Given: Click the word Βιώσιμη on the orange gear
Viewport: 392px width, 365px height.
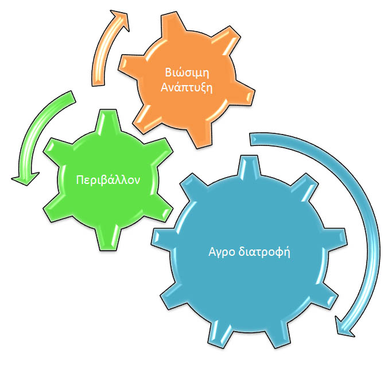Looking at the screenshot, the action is click(187, 72).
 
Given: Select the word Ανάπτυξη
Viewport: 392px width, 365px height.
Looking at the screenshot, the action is click(187, 88).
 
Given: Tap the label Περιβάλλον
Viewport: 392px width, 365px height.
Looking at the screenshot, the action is click(108, 180).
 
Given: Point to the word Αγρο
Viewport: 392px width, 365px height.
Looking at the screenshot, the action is click(222, 252).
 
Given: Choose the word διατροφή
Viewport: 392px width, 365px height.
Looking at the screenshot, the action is click(264, 251).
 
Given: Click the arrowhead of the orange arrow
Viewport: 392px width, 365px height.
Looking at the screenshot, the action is click(121, 20).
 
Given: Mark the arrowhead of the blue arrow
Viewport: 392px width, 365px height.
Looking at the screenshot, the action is click(344, 326).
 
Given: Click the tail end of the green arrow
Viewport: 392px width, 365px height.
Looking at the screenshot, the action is click(72, 97).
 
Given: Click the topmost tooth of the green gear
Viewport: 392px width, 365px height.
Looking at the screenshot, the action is click(108, 120).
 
